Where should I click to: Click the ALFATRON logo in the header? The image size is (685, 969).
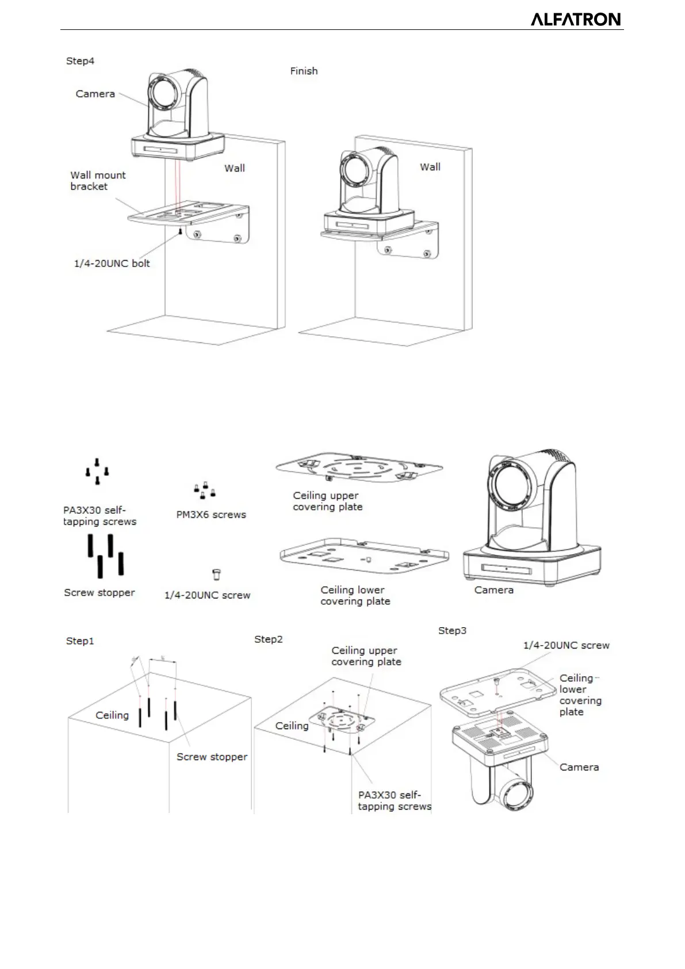pyautogui.click(x=575, y=20)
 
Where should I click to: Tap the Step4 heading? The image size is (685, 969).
pyautogui.click(x=80, y=61)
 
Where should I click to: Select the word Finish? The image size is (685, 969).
pyautogui.click(x=304, y=71)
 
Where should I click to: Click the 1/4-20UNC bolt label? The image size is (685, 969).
pyautogui.click(x=112, y=264)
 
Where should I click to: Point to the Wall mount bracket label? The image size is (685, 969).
pyautogui.click(x=98, y=181)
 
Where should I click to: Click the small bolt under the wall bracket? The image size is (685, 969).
pyautogui.click(x=181, y=231)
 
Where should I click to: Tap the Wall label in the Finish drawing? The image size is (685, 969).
pyautogui.click(x=430, y=167)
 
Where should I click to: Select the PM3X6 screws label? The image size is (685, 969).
pyautogui.click(x=211, y=514)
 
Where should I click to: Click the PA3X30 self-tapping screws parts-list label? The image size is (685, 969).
pyautogui.click(x=100, y=516)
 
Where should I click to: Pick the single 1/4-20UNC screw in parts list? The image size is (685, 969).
pyautogui.click(x=217, y=574)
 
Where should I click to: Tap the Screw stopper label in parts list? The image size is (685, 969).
pyautogui.click(x=100, y=593)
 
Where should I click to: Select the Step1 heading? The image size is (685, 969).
pyautogui.click(x=80, y=641)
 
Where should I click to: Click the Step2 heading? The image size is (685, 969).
pyautogui.click(x=269, y=639)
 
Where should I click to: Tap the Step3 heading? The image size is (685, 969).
pyautogui.click(x=453, y=631)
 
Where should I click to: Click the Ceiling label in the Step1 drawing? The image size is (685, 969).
pyautogui.click(x=112, y=715)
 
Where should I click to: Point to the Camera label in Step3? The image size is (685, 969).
pyautogui.click(x=579, y=767)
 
